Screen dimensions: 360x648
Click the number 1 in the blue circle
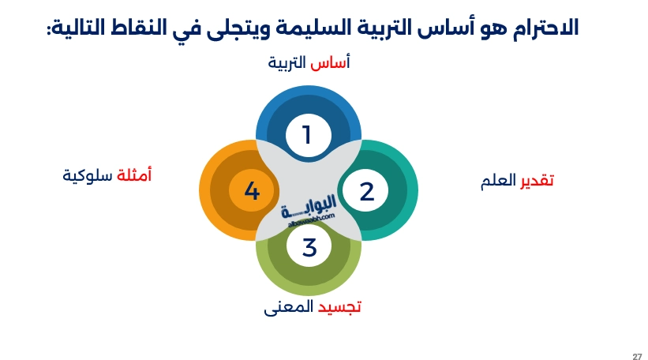(308, 135)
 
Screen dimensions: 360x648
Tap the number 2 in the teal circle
(366, 191)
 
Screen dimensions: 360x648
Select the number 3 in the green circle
(309, 247)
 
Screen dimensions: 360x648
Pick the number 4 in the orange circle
(252, 191)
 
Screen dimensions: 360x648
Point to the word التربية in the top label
(287, 63)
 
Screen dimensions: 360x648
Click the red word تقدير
(537, 181)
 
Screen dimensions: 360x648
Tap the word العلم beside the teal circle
(498, 181)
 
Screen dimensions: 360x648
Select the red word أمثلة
(134, 174)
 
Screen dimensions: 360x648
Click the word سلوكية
(88, 174)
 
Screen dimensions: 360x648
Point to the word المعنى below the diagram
(288, 306)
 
